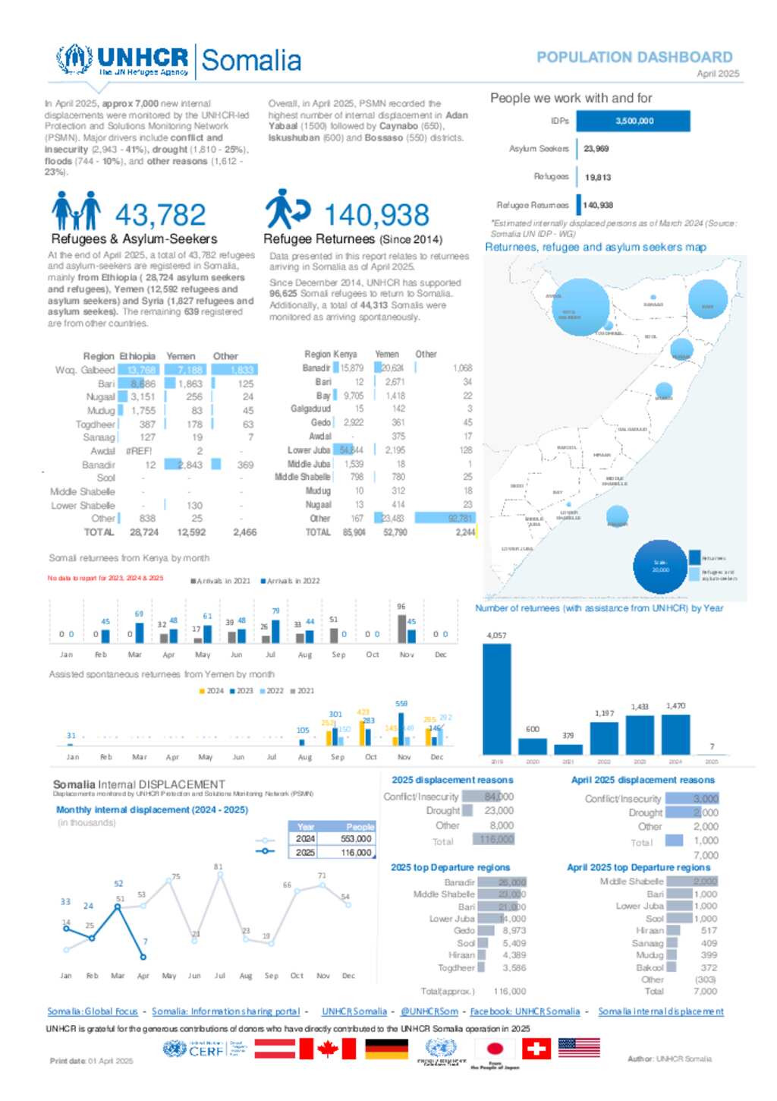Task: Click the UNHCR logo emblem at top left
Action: tap(74, 59)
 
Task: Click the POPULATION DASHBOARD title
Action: tap(634, 57)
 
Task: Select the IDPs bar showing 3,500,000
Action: tap(633, 121)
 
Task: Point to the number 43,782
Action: tap(160, 215)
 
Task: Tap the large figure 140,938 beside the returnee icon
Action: tap(376, 215)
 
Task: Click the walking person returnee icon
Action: tap(287, 209)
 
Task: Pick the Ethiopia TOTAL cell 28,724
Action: tap(144, 532)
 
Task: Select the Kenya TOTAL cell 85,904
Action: tap(354, 532)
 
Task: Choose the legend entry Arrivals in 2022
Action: tap(291, 581)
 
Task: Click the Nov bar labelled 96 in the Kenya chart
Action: tap(402, 629)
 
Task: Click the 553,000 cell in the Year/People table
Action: tap(356, 839)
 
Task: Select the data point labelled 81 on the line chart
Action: tap(220, 875)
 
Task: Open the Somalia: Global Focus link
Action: tap(93, 1011)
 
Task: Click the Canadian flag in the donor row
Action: tap(327, 1049)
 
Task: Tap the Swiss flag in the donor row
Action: tap(536, 1049)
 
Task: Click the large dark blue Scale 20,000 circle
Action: tap(660, 566)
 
